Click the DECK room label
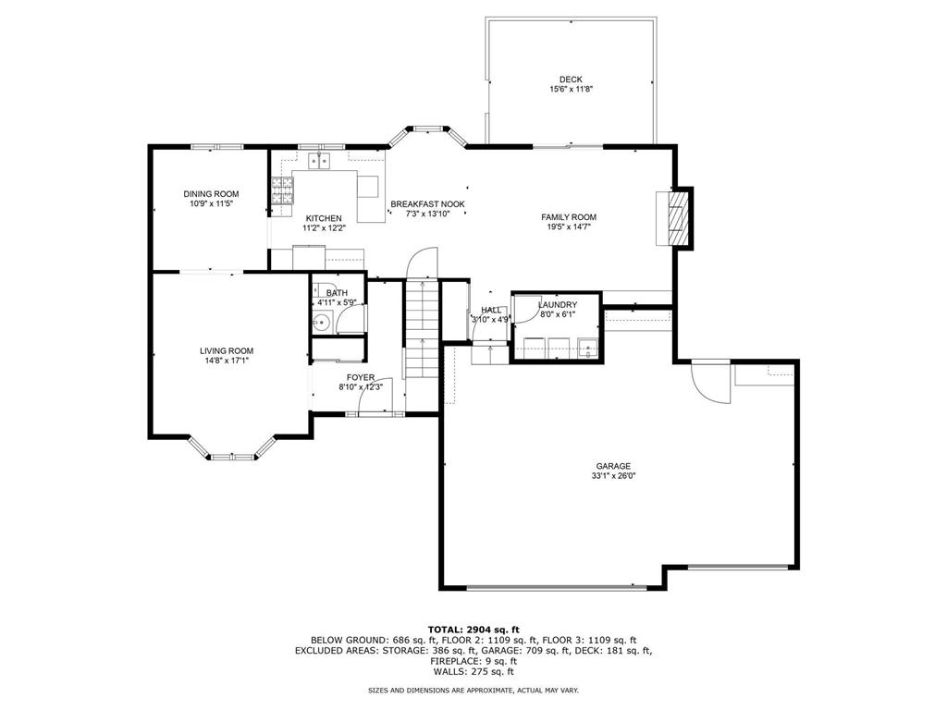click(571, 80)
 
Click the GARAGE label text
click(613, 466)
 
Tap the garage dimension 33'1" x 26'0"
click(613, 476)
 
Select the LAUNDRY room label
click(558, 305)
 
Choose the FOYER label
click(361, 377)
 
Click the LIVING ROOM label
click(227, 350)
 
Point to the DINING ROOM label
click(211, 193)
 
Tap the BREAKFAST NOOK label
click(427, 203)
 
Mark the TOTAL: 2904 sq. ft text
click(473, 629)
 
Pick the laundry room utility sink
click(585, 348)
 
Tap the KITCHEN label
click(324, 218)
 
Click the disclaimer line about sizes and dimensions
click(473, 691)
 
